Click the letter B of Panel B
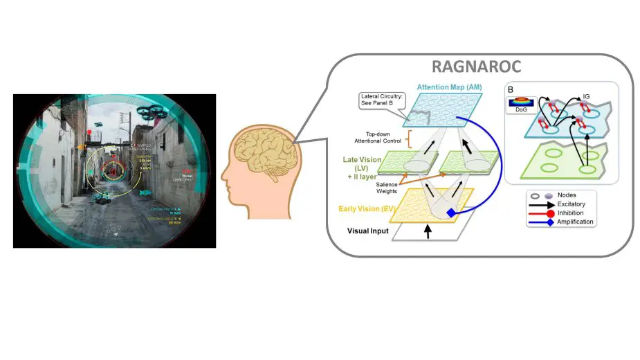click(510, 89)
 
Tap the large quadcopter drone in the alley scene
click(152, 110)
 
